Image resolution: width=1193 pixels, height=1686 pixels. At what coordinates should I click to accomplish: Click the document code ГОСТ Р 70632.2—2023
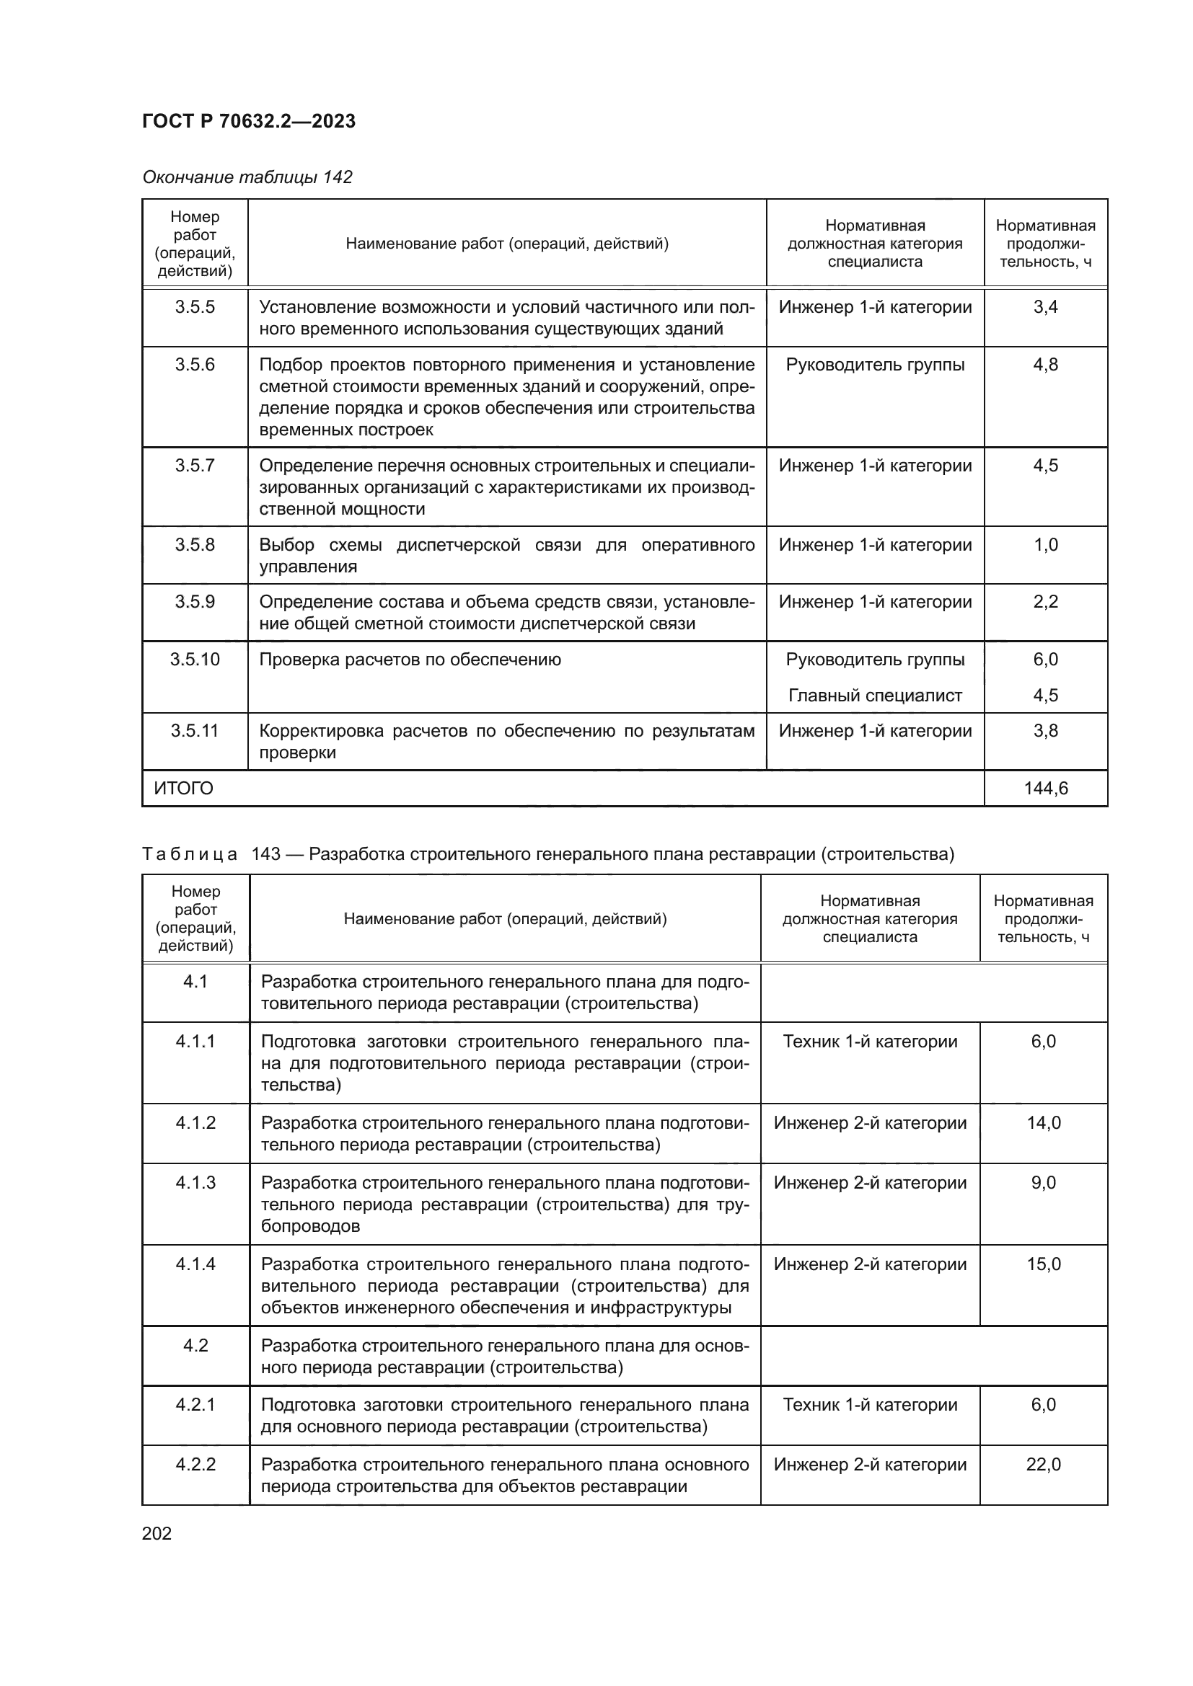coord(248,121)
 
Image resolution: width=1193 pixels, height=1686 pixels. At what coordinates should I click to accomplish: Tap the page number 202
coord(157,1533)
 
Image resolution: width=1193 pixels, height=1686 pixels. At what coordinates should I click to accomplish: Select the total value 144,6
coord(1045,789)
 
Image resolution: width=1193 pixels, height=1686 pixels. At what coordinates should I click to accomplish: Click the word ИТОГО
coord(184,789)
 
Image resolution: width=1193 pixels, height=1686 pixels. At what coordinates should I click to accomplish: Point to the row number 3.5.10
coord(195,660)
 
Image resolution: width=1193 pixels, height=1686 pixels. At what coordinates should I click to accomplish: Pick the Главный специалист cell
coord(875,696)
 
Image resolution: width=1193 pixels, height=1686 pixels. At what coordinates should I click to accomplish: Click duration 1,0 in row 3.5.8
coord(1045,545)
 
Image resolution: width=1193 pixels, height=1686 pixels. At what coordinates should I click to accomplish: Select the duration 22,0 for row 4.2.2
coord(1043,1465)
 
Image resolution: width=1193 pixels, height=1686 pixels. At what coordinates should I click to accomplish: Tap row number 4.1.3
coord(195,1183)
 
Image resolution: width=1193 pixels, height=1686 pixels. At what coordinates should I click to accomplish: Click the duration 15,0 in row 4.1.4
coord(1043,1264)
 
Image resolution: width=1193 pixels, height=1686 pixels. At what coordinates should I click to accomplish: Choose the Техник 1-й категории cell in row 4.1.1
coord(870,1042)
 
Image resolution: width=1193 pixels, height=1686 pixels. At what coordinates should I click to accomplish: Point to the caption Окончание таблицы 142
coord(247,177)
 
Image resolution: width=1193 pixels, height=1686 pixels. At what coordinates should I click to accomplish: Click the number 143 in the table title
coord(266,854)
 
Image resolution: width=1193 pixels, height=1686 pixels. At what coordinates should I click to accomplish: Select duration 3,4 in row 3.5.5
coord(1045,307)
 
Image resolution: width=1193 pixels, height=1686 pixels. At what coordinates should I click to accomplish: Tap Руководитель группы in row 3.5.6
coord(875,365)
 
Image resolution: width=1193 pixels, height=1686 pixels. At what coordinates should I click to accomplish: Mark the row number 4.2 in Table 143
coord(195,1346)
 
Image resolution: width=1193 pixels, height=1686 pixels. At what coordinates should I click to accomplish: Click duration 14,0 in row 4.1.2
coord(1043,1123)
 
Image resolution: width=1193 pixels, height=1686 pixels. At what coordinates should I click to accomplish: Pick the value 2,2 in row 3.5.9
coord(1045,602)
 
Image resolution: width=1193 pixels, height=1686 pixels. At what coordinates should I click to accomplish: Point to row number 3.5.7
coord(195,466)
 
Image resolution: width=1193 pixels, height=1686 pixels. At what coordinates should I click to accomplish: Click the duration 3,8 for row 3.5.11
coord(1045,731)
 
